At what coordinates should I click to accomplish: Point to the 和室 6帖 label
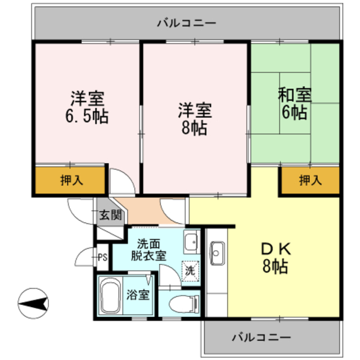click(x=294, y=103)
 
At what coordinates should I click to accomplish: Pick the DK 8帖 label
click(x=274, y=257)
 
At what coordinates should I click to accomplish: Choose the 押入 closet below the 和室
click(x=310, y=181)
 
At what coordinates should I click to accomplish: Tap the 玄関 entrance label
click(x=111, y=214)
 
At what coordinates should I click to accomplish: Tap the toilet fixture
click(x=184, y=302)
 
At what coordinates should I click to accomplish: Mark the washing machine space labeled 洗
click(x=191, y=270)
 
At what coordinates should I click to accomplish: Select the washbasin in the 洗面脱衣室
click(x=191, y=241)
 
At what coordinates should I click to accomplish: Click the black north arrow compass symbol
click(x=34, y=303)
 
